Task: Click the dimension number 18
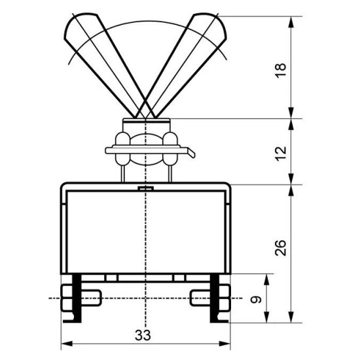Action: point(281,71)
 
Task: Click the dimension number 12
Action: point(281,154)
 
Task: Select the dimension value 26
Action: point(281,248)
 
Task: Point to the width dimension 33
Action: point(143,335)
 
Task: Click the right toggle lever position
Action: point(184,62)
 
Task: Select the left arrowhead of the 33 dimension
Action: point(67,344)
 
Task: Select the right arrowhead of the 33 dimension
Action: point(225,344)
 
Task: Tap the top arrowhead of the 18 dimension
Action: point(291,22)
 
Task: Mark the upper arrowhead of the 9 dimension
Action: point(266,279)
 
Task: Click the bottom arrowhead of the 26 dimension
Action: point(291,317)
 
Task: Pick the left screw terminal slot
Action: point(91,298)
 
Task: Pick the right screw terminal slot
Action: point(200,298)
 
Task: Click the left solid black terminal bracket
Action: point(76,298)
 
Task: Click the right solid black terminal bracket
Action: point(215,298)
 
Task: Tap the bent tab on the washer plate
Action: point(191,153)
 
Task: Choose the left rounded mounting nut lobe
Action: point(122,149)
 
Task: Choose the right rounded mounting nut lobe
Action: point(170,149)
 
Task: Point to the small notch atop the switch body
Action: point(145,189)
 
